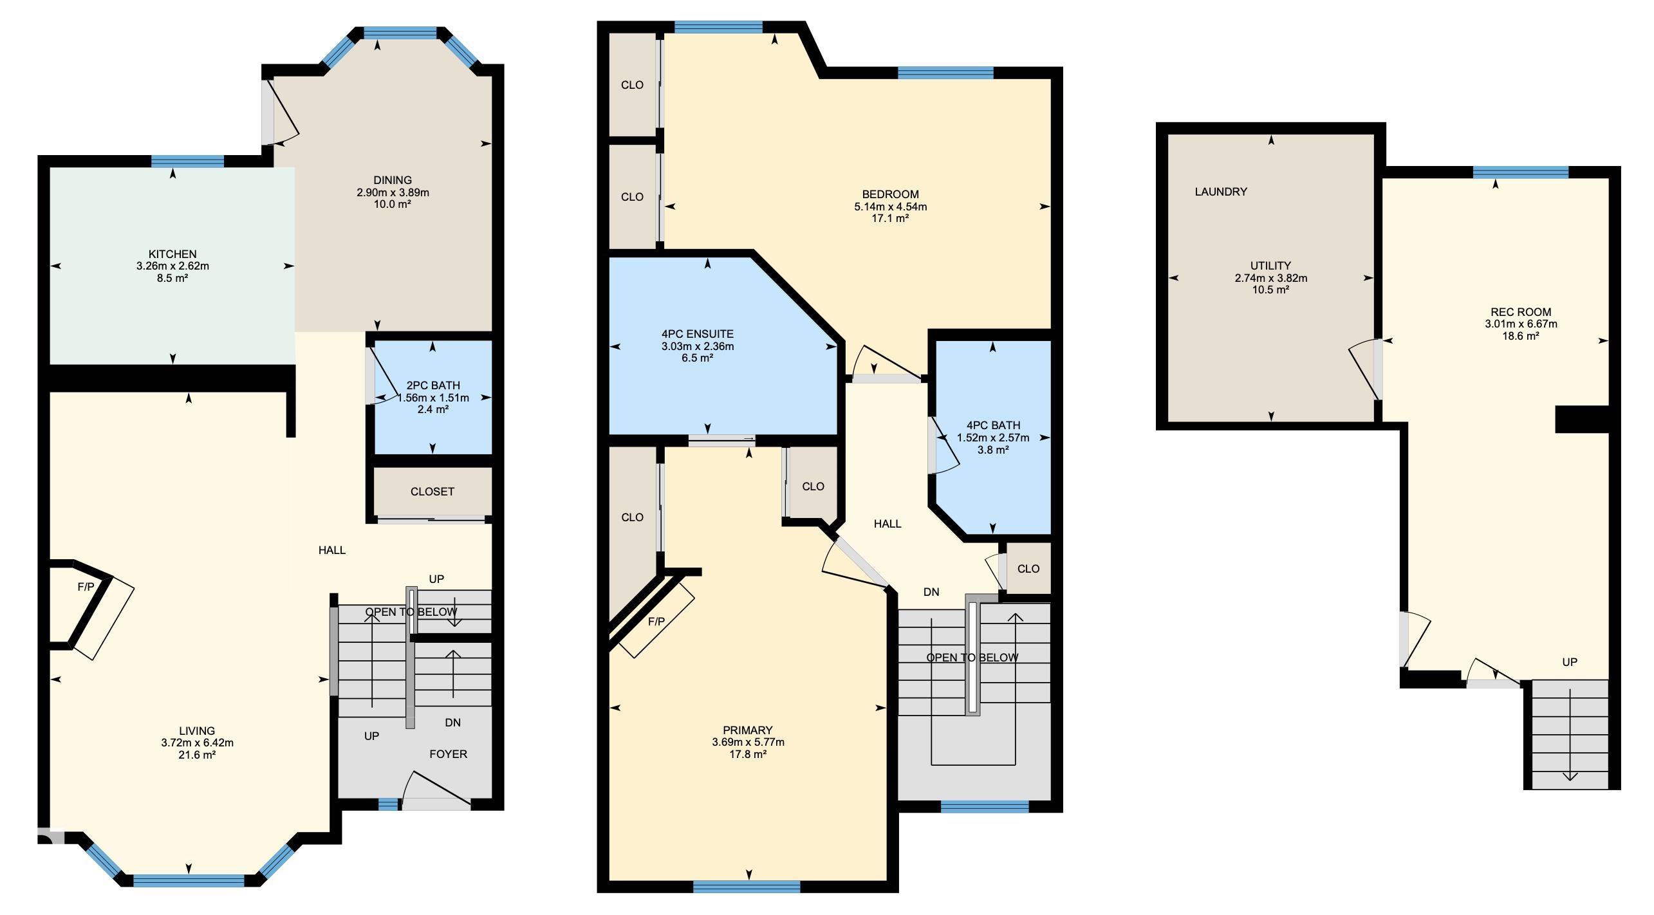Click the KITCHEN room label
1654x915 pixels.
point(172,254)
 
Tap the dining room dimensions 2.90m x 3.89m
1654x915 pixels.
point(393,192)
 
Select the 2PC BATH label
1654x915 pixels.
point(433,385)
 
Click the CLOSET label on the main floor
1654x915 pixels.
point(432,492)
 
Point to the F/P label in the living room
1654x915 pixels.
point(86,587)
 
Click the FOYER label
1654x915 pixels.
point(449,754)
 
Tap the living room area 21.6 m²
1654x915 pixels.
point(197,755)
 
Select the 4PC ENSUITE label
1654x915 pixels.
point(698,334)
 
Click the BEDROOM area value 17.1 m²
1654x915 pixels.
point(890,219)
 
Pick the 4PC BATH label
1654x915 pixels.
point(993,425)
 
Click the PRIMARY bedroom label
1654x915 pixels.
point(747,730)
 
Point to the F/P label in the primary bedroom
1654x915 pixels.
point(656,622)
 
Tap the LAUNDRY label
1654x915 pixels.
point(1221,192)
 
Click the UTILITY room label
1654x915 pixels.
point(1270,266)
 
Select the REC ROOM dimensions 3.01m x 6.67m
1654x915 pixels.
point(1521,324)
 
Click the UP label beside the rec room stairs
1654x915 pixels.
point(1570,662)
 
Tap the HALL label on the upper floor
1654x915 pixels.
point(887,524)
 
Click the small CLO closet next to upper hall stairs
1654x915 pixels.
point(1028,569)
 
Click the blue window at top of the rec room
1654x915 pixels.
point(1521,172)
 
